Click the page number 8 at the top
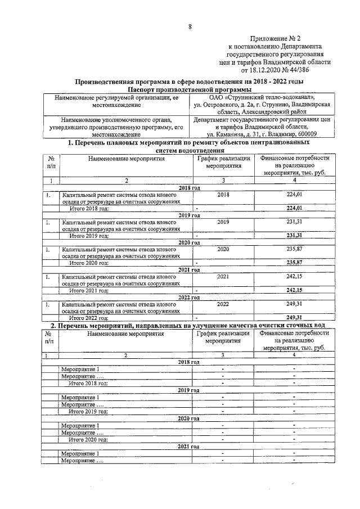190,26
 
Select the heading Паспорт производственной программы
190,89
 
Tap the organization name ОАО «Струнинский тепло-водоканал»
262,97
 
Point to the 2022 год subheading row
190,297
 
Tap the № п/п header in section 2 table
51,337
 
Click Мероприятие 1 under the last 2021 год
80,453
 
